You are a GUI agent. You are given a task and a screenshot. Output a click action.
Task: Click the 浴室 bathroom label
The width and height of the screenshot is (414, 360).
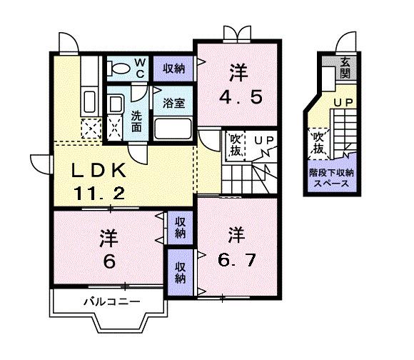coord(173,102)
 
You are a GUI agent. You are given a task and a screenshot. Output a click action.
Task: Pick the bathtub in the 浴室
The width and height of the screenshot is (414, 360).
coord(173,129)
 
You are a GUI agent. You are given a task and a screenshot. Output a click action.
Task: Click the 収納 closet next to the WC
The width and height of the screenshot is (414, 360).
coord(173,69)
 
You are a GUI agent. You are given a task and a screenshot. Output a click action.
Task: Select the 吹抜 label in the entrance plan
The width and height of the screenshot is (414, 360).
coord(318,142)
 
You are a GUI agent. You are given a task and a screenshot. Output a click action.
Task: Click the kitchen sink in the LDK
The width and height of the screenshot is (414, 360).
coord(91,100)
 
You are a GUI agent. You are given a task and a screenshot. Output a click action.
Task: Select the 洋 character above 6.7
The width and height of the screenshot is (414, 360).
coord(236,234)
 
